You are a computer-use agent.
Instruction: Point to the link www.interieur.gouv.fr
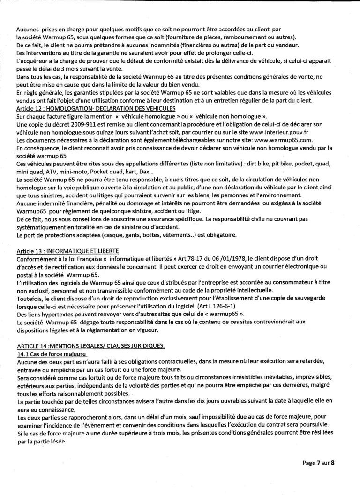coord(274,132)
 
